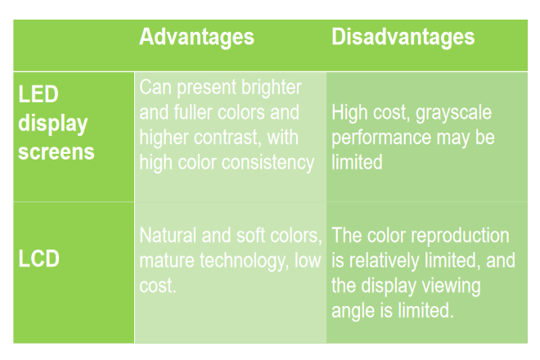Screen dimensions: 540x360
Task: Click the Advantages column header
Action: click(x=196, y=38)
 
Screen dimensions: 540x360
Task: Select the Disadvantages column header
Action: click(x=403, y=37)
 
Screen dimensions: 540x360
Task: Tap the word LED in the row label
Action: click(x=38, y=94)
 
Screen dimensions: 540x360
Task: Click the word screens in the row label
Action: click(x=56, y=152)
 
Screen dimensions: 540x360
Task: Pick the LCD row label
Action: click(x=39, y=259)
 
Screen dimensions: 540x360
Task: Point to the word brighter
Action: click(x=271, y=88)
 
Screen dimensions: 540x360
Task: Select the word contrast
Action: click(x=227, y=137)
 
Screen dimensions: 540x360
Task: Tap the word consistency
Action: click(x=268, y=163)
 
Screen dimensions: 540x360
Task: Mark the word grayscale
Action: click(x=453, y=113)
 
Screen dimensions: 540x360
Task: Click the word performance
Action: click(x=381, y=138)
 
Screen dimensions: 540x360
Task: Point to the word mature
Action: click(x=167, y=261)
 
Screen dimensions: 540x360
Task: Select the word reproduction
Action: click(x=460, y=236)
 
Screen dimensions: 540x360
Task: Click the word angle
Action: click(x=353, y=311)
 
